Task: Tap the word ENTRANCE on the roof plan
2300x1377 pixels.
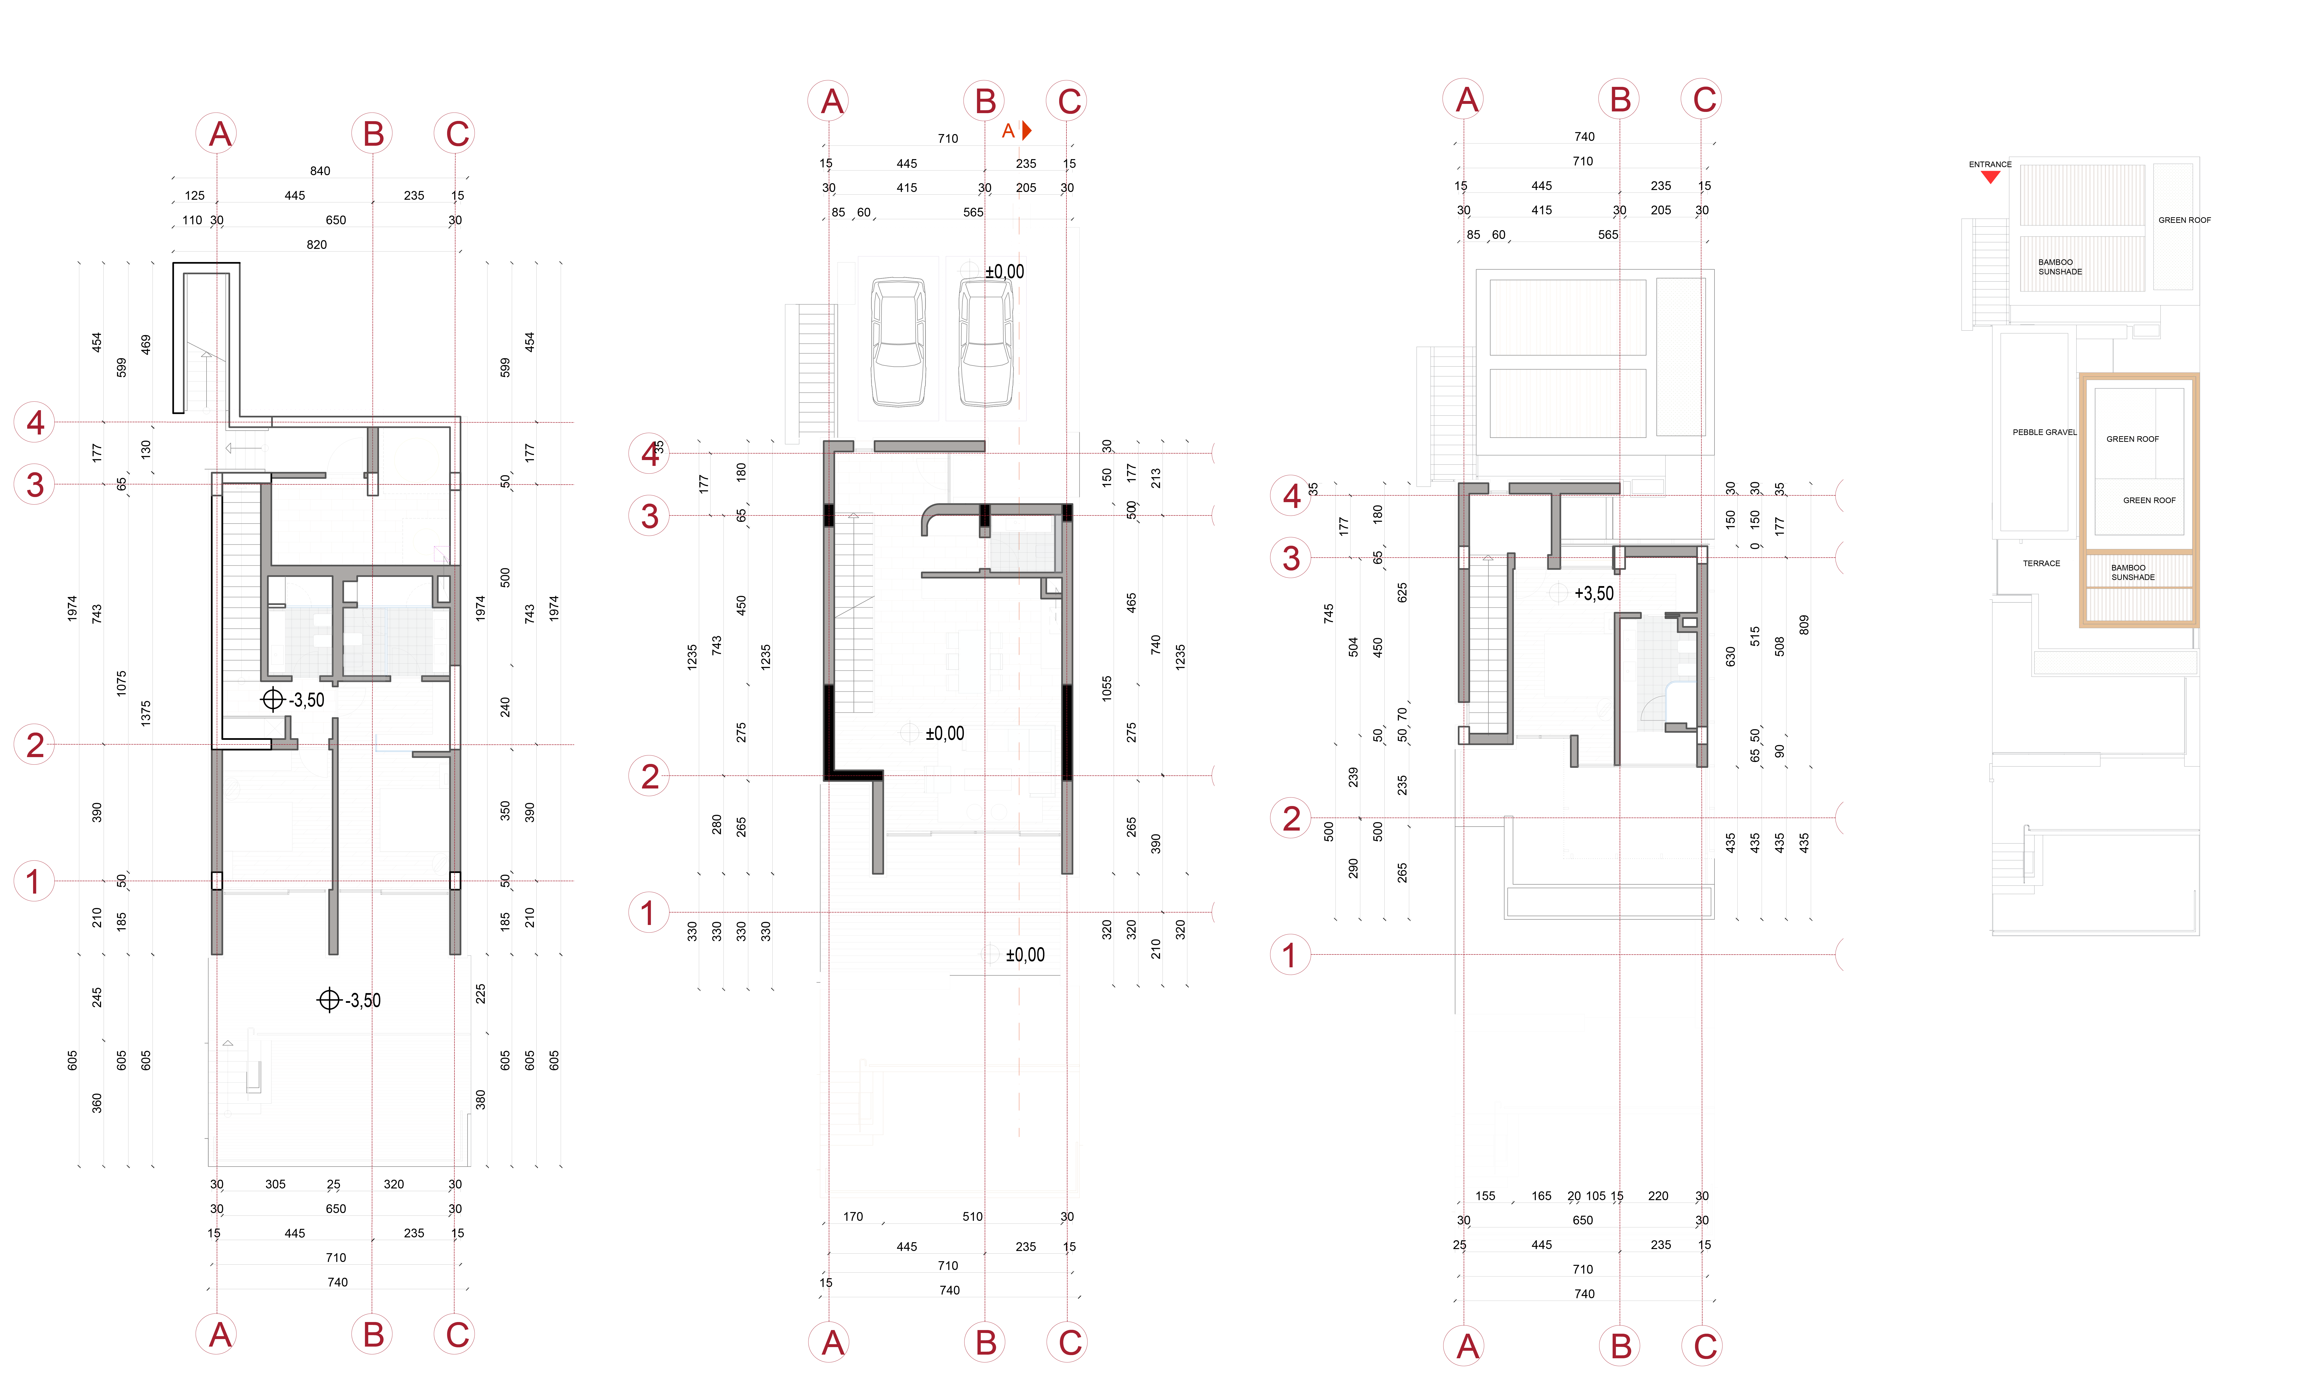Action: [x=1990, y=164]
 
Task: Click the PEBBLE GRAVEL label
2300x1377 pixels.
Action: [x=2044, y=432]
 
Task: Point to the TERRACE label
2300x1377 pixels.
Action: [x=2041, y=563]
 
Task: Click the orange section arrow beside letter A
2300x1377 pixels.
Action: [x=1027, y=131]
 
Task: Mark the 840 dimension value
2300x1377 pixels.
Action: [x=320, y=171]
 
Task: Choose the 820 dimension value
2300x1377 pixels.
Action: [x=316, y=245]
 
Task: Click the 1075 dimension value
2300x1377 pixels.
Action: [x=122, y=684]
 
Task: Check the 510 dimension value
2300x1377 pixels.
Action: [x=972, y=1216]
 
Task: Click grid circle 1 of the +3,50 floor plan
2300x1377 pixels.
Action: [x=1290, y=955]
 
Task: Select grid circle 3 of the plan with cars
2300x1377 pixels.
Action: [x=649, y=516]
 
